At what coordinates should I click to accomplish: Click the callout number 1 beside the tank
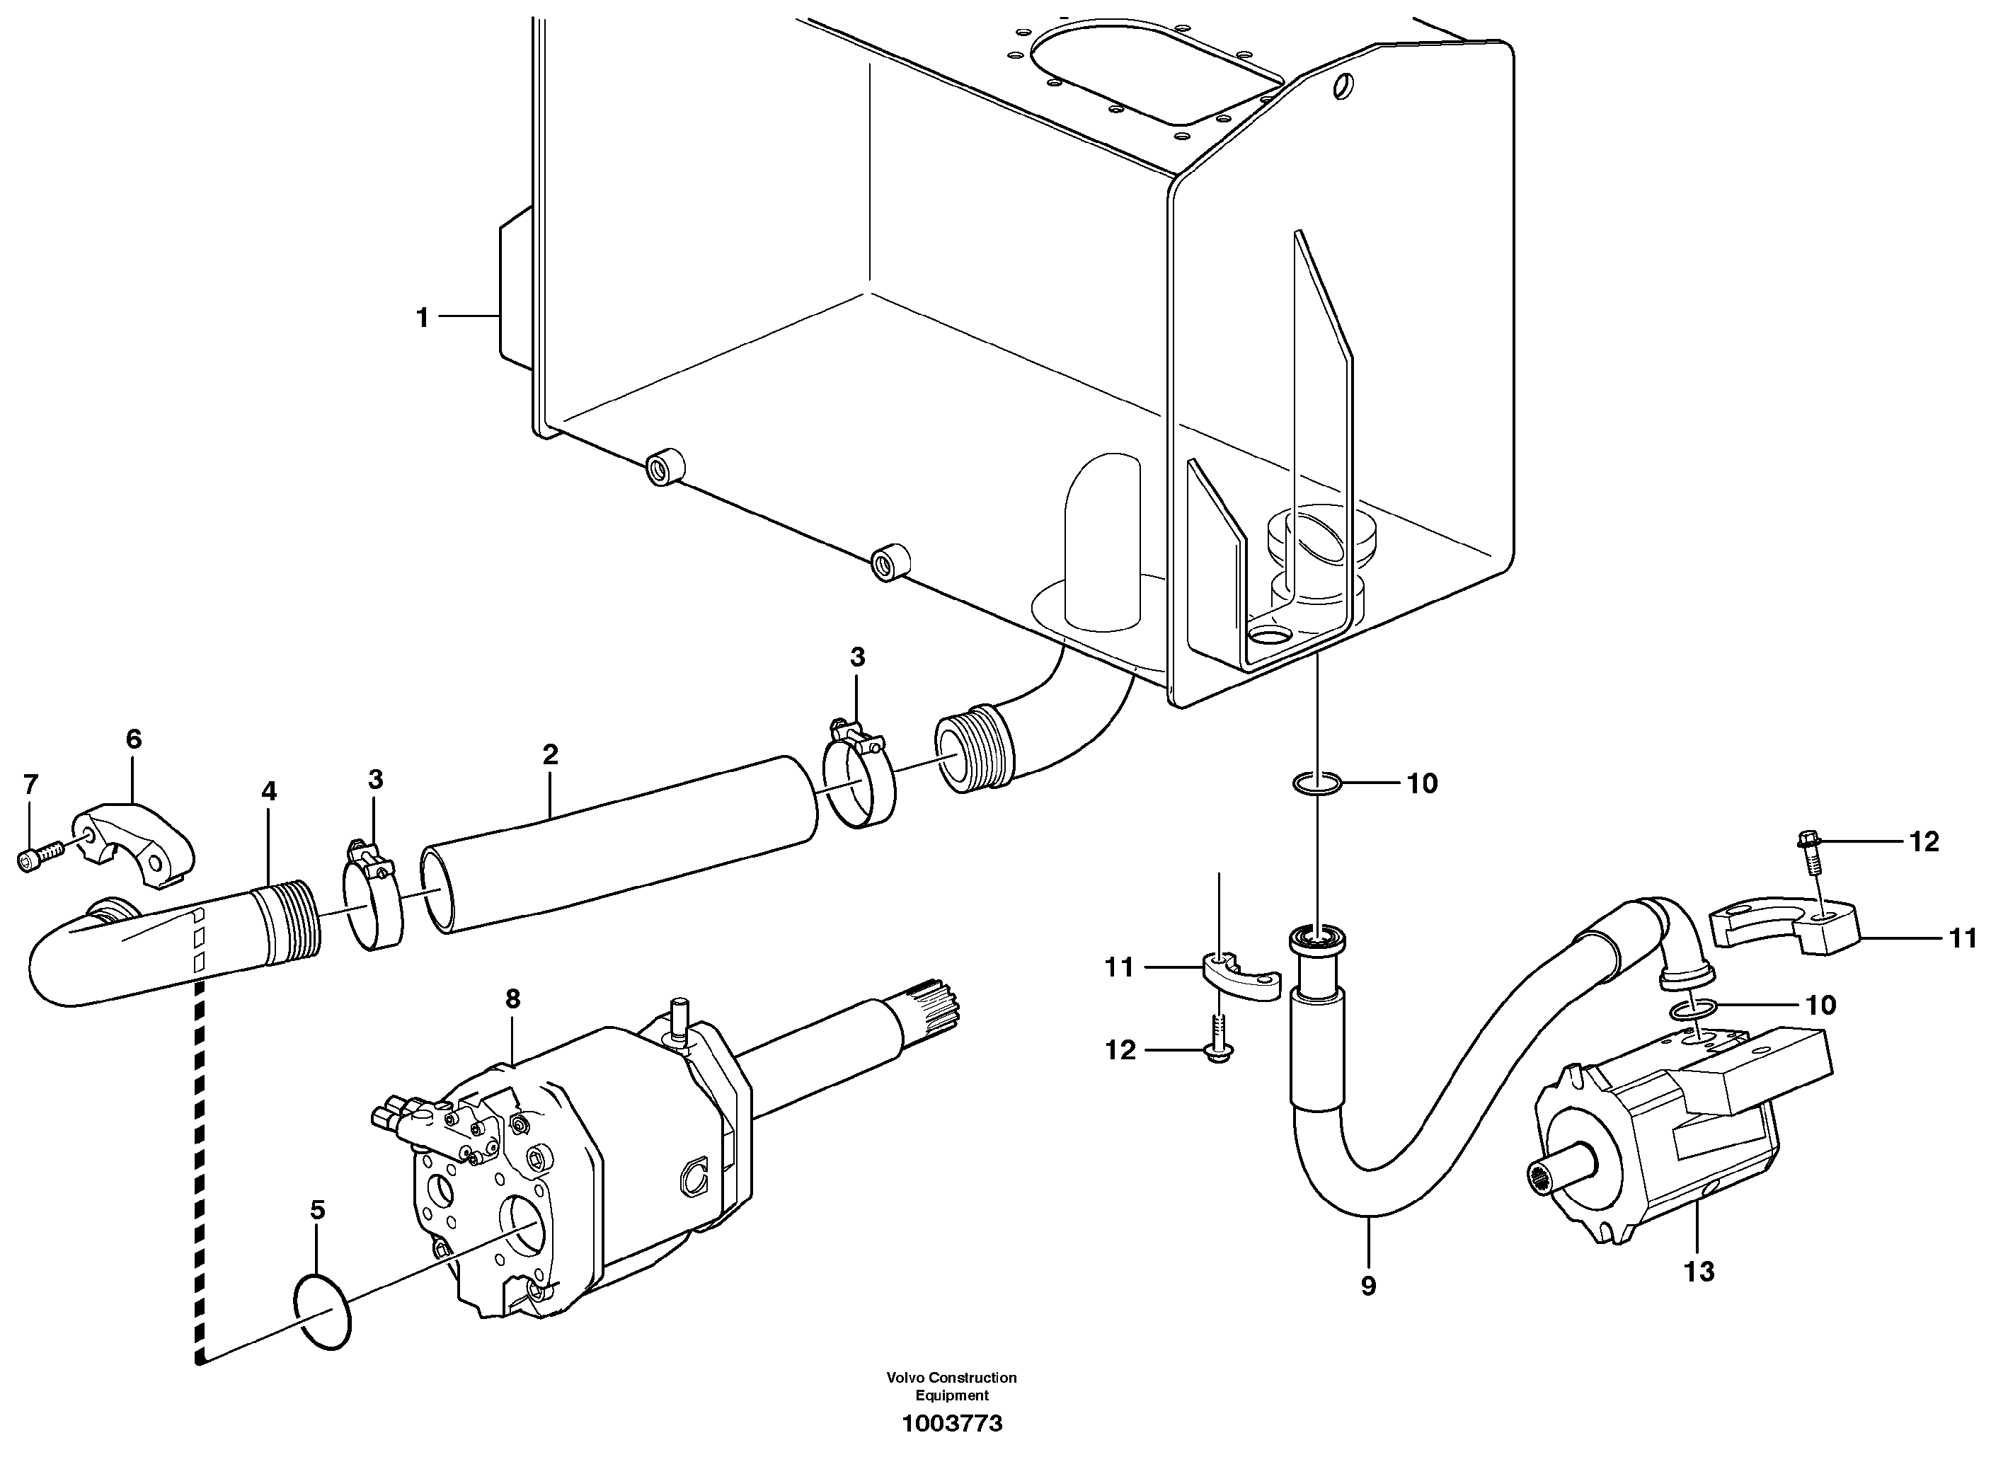(x=423, y=318)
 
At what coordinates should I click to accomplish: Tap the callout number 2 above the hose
(x=551, y=755)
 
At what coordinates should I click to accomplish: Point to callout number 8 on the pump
(x=512, y=999)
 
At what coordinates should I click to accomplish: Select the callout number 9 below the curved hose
(x=1367, y=1286)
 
